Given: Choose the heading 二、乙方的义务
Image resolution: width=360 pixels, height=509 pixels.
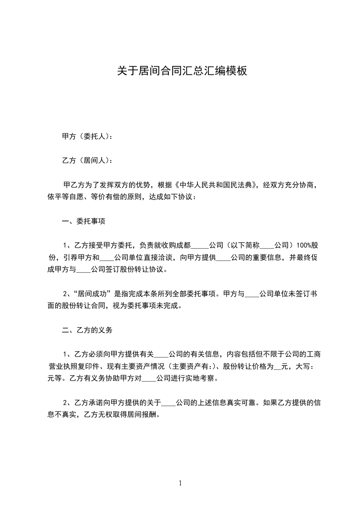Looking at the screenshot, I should [87, 330].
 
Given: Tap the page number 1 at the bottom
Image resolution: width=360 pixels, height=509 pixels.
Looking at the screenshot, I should [180, 483].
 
